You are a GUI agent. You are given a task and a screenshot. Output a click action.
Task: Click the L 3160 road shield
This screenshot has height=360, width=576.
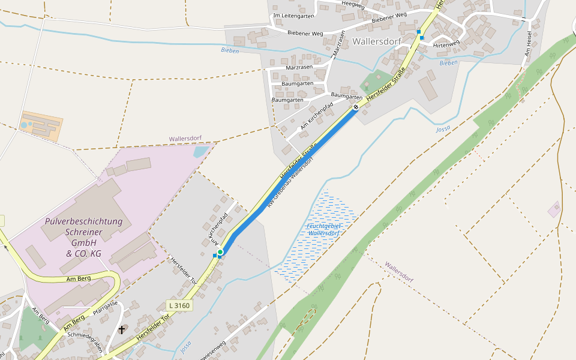(x=179, y=306)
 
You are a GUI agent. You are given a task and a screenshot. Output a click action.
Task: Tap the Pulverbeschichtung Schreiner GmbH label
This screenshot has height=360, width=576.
(x=83, y=238)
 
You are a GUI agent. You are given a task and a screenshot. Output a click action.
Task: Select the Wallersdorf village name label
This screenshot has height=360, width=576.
(x=377, y=41)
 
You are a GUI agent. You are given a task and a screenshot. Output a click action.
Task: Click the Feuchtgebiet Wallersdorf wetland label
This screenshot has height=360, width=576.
(x=324, y=229)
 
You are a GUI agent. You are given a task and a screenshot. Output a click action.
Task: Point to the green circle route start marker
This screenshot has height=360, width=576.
(x=220, y=252)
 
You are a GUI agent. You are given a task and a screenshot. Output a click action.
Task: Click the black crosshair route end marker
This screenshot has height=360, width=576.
(x=356, y=107)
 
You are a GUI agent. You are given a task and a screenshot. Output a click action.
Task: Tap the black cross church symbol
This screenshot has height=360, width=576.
(x=122, y=329)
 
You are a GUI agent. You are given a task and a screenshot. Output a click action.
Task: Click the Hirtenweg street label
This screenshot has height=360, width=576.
(x=446, y=44)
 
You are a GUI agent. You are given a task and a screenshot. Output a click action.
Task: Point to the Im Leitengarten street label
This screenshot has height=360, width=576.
(x=293, y=16)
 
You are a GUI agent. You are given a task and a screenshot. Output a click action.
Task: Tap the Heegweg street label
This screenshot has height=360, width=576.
(x=353, y=5)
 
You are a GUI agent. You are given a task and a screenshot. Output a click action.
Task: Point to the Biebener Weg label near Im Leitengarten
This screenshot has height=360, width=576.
(x=305, y=33)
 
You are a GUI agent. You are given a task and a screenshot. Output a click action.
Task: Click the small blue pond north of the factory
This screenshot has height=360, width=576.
(x=201, y=151)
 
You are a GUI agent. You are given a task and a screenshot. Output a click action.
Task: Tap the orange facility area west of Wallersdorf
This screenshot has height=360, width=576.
(x=41, y=125)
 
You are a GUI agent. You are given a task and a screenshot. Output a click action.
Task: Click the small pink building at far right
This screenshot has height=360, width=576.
(x=554, y=209)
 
